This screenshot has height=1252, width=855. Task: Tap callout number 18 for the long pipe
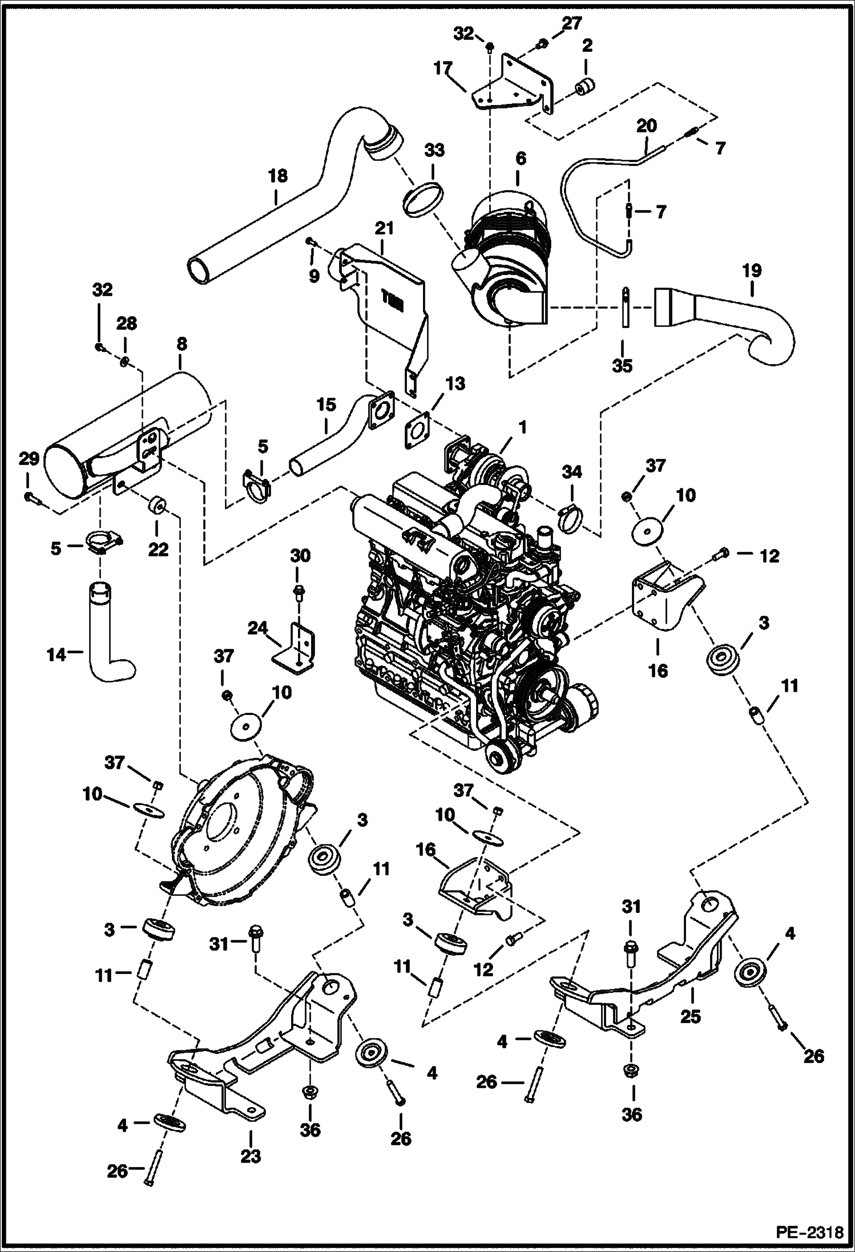point(279,176)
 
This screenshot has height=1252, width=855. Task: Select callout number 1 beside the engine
point(523,427)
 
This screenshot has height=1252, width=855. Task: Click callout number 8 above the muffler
point(182,345)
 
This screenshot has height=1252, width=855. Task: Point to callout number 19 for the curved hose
point(752,270)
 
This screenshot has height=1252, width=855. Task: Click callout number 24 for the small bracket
point(258,628)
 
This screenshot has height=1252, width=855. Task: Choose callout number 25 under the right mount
point(690,1016)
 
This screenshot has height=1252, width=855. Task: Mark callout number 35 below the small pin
point(622,366)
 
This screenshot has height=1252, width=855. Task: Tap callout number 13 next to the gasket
point(455,383)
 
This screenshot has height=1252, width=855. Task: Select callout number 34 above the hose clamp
point(572,471)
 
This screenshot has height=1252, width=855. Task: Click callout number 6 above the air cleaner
point(520,159)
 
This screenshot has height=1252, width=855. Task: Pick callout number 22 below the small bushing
point(159,549)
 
